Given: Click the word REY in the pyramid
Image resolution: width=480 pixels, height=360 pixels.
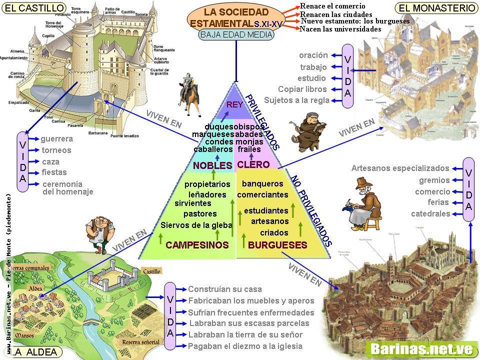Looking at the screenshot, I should click(234, 104).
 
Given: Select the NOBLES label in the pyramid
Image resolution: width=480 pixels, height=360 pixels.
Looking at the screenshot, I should click(212, 165).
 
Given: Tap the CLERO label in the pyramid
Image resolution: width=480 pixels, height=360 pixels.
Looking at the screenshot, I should click(253, 164).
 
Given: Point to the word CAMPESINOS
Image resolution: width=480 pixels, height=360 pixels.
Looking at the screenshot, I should click(197, 245).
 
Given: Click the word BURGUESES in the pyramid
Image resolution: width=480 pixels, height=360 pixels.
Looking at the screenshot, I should click(277, 245).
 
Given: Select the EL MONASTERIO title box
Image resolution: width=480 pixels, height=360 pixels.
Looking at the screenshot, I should click(437, 7).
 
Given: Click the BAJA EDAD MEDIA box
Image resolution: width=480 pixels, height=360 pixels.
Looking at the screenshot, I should click(236, 35).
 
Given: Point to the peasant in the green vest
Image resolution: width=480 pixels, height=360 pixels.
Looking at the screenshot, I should click(99, 231).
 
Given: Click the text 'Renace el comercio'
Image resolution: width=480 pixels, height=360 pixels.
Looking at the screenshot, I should click(333, 6).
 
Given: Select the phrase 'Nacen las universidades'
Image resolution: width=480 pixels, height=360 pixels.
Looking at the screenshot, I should click(340, 29).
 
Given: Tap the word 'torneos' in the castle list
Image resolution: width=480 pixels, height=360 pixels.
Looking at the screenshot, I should click(56, 150).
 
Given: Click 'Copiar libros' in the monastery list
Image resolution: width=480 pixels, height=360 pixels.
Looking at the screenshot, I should click(302, 89).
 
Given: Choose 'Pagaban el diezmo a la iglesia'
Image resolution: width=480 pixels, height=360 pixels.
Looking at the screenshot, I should click(245, 346).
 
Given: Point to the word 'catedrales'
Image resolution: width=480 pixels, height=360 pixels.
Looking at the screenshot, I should click(430, 214).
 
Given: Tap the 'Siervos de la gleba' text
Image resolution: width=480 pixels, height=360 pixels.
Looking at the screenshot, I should click(196, 225).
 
